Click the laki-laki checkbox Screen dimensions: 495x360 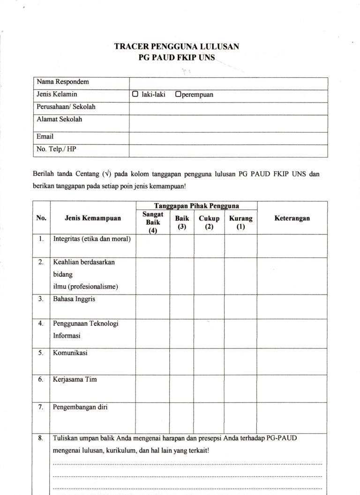135,94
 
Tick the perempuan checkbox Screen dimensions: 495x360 178,94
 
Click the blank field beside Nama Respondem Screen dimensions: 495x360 228,82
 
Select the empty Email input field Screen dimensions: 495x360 228,137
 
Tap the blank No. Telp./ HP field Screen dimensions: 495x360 228,150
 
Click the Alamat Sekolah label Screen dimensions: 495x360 60,119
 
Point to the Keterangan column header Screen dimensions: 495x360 292,218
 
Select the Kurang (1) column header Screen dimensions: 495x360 240,222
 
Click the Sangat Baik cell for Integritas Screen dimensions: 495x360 152,245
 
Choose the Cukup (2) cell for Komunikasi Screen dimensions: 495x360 209,361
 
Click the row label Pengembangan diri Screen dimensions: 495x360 81,407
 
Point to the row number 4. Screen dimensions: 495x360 41,323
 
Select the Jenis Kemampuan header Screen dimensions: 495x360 93,218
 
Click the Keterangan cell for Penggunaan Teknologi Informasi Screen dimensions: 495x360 292,332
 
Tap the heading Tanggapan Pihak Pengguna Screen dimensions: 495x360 196,206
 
